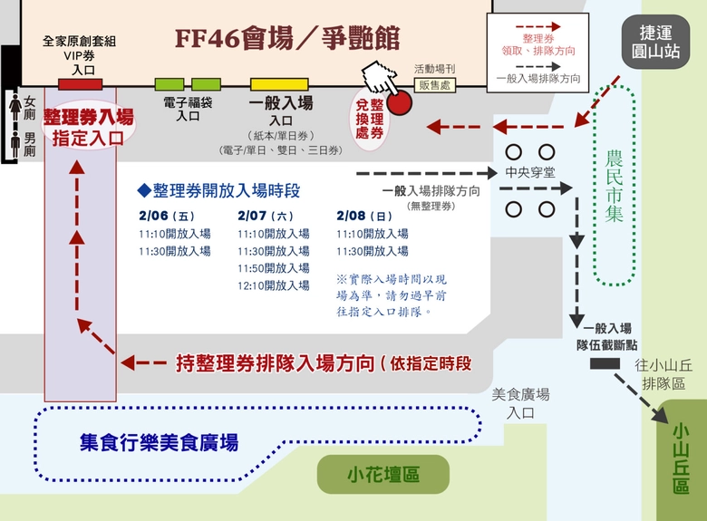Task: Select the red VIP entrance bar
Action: pyautogui.click(x=80, y=84)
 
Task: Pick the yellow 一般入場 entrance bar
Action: pyautogui.click(x=280, y=84)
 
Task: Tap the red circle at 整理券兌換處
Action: pyautogui.click(x=399, y=101)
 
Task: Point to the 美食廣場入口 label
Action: pyautogui.click(x=520, y=403)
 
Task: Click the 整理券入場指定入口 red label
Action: pyautogui.click(x=88, y=127)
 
